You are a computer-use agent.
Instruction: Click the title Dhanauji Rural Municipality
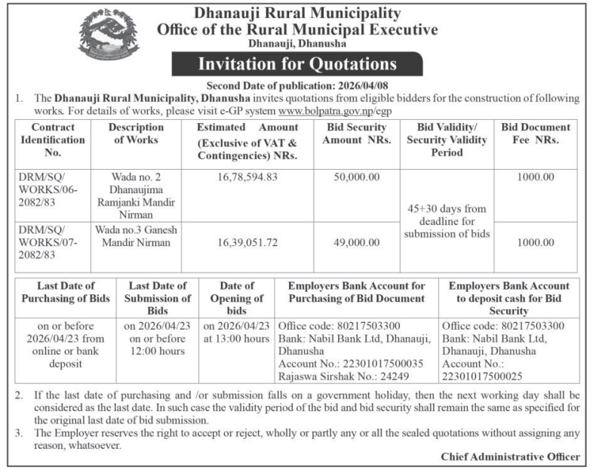297,13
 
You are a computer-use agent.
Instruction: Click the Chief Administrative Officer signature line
510,456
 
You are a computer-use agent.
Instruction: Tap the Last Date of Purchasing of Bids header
66,292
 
